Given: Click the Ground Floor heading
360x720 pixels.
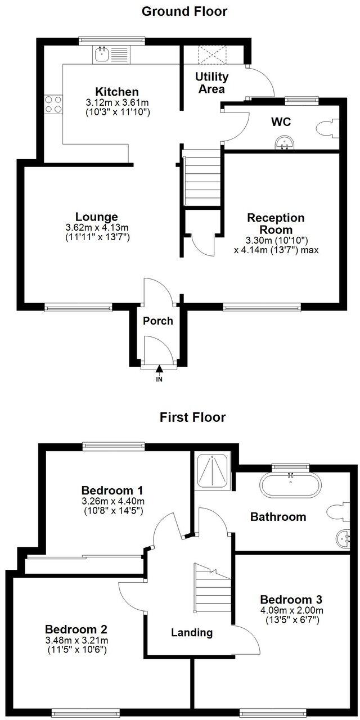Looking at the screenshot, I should (184, 11).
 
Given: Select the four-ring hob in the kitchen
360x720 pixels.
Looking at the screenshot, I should (53, 104).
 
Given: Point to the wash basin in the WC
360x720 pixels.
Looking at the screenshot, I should (286, 145).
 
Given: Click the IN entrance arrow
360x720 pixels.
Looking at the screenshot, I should (159, 369).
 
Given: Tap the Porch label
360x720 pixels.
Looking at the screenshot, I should (158, 321).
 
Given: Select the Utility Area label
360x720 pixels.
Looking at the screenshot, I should (211, 83).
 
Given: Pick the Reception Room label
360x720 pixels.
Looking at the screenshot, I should (276, 224).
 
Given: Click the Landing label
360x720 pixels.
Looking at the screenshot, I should (192, 632).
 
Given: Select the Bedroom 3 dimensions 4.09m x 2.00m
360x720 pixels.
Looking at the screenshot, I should (291, 610).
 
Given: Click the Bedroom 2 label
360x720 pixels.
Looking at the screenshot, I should (76, 629).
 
